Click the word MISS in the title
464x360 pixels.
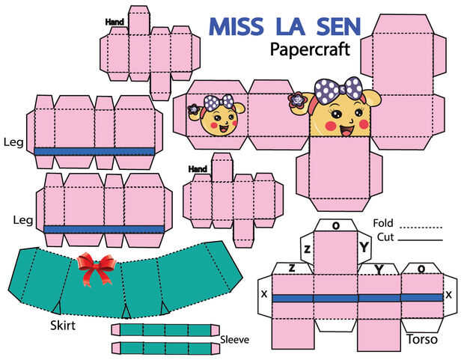pos(236,27)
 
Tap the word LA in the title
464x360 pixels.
pos(290,27)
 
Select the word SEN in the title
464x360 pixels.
pos(339,27)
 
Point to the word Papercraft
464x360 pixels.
pos(310,49)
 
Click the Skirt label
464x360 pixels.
pos(63,326)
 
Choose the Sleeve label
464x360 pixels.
pos(235,340)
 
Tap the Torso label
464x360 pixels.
pos(422,339)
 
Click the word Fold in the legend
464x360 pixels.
pos(383,223)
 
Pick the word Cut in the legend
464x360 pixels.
pos(385,237)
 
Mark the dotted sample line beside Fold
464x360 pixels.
pos(421,228)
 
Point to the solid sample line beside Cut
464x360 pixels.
pos(421,240)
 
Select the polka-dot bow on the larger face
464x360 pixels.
pos(338,91)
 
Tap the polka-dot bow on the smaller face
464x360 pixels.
pos(219,102)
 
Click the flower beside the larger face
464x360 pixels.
pos(295,100)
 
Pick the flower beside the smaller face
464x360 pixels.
pos(194,109)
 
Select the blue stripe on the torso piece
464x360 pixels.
pos(358,298)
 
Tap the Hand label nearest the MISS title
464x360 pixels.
pos(115,22)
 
